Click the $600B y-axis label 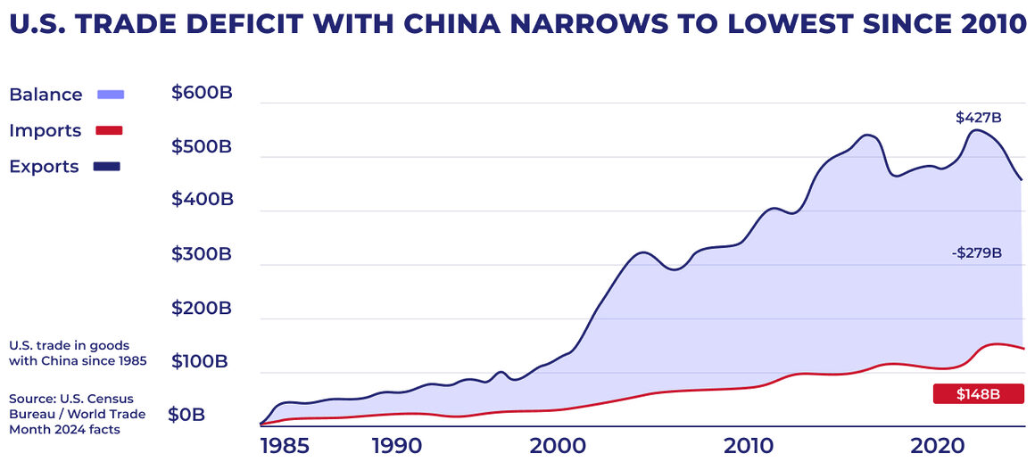[x=202, y=92]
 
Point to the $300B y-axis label [x=202, y=254]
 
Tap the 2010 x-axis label [x=748, y=444]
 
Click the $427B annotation [x=978, y=118]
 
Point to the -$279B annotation [x=976, y=253]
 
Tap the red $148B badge [x=978, y=394]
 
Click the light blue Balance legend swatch [x=110, y=94]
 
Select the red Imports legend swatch [x=108, y=130]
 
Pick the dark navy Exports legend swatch [x=107, y=166]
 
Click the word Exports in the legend [x=44, y=166]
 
